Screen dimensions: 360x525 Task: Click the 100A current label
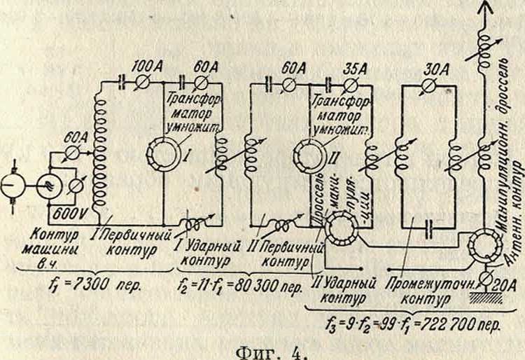[146, 67]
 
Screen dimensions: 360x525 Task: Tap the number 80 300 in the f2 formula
[255, 287]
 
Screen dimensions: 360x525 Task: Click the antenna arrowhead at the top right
[481, 7]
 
